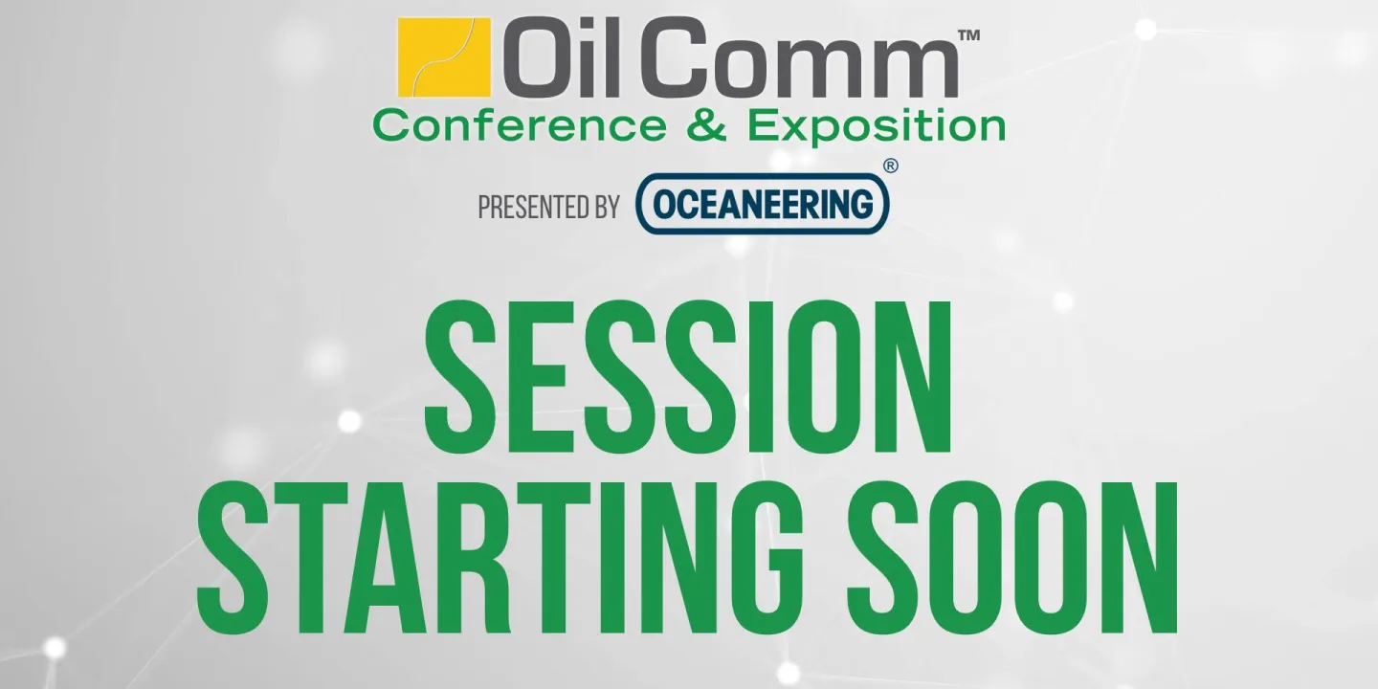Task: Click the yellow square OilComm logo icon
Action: coord(444,56)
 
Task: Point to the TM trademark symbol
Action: coord(968,35)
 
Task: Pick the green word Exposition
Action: coord(877,125)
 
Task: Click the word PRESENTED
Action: coord(530,207)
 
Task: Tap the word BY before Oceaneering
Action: coord(603,207)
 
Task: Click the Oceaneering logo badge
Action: coord(763,204)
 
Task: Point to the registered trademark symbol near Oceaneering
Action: coord(891,166)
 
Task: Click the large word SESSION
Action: coord(688,379)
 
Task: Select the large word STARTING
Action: coord(498,558)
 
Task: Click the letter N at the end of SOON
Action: coord(1143,558)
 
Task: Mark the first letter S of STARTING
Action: coord(231,558)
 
